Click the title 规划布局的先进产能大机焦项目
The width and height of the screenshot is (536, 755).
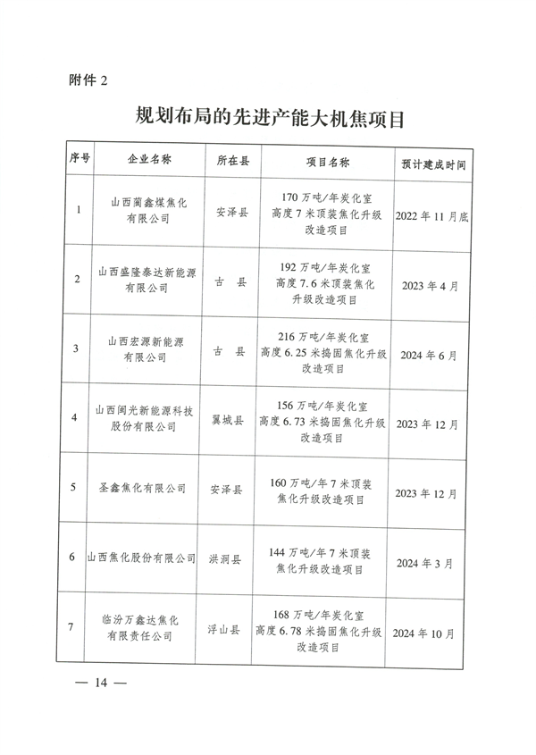269,116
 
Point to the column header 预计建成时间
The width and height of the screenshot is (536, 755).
432,162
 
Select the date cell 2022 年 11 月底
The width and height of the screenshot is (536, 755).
432,213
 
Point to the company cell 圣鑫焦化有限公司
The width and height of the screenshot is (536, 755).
147,490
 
